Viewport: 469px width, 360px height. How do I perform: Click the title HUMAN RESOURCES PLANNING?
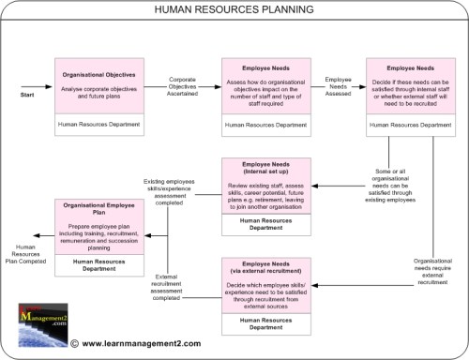click(234, 10)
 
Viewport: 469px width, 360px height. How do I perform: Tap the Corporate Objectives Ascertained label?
click(182, 85)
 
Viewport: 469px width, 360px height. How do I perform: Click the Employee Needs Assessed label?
click(339, 85)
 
